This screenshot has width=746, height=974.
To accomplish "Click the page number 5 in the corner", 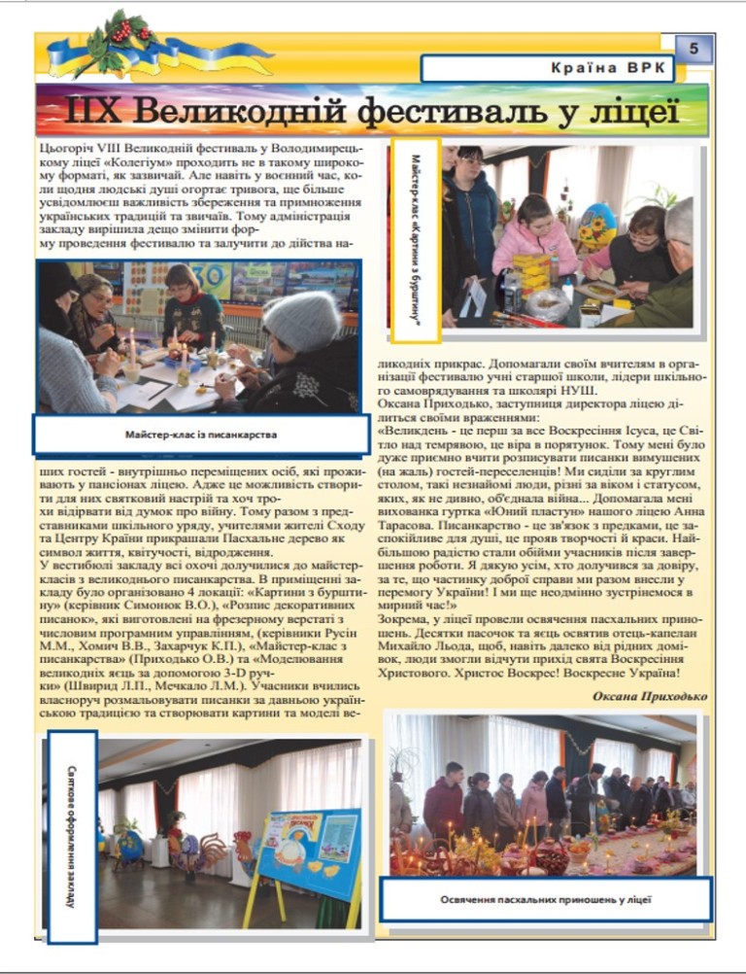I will point(694,48).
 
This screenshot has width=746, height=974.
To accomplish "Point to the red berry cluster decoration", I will point(123,33).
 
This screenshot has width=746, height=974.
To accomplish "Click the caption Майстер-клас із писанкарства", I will point(201,435).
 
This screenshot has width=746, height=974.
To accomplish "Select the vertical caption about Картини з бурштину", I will point(415,239).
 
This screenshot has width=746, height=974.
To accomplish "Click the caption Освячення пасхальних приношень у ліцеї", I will point(545,899).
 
